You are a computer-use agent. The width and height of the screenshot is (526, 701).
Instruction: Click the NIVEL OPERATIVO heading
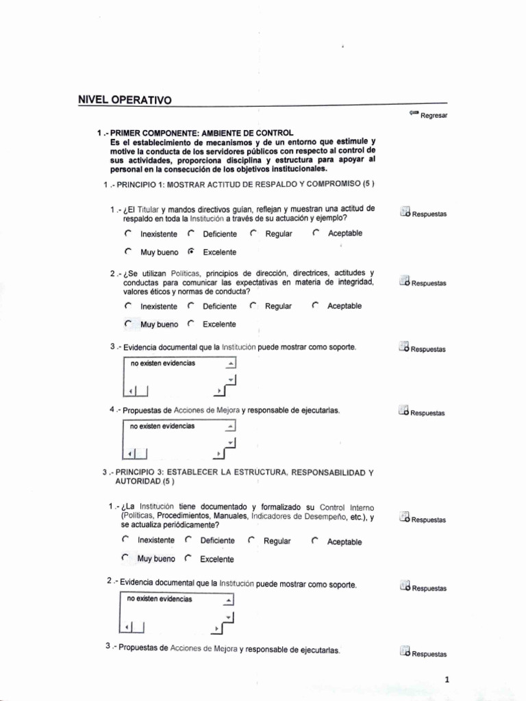(x=125, y=100)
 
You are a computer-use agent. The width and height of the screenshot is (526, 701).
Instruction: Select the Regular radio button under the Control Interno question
(x=251, y=541)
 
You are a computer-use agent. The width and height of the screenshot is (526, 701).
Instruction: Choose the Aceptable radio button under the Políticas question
(x=315, y=306)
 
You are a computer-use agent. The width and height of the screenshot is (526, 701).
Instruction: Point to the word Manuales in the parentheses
(x=230, y=515)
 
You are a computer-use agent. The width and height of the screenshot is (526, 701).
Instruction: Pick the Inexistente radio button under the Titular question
(x=128, y=233)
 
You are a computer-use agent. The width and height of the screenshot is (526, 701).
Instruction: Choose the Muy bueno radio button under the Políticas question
(x=128, y=324)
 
